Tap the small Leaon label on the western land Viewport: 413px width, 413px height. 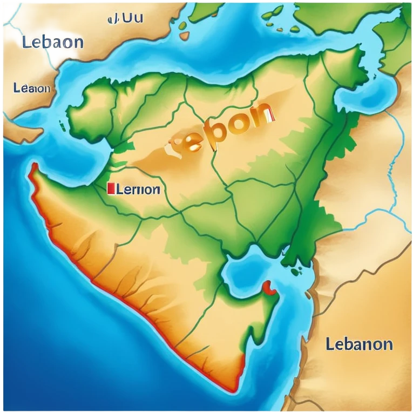pyautogui.click(x=33, y=88)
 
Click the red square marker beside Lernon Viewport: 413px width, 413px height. pyautogui.click(x=111, y=188)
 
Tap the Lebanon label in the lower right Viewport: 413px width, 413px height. pyautogui.click(x=359, y=344)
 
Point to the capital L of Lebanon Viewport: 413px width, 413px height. pyautogui.click(x=329, y=344)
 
